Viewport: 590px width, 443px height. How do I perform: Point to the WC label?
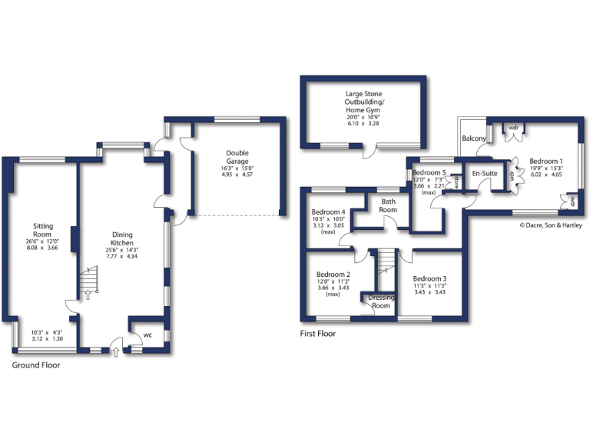[x=147, y=335]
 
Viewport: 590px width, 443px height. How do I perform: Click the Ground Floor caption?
[x=35, y=365]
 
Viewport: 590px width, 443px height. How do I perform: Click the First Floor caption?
[x=317, y=334]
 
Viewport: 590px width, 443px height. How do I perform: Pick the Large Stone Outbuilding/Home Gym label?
[x=365, y=103]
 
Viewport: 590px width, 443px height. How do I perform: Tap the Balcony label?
[x=473, y=138]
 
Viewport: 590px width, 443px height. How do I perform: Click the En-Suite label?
[x=483, y=174]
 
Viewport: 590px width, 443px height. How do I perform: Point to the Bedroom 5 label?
[x=429, y=173]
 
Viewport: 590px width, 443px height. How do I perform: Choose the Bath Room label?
[x=388, y=205]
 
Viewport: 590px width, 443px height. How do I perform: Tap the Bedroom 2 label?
[x=333, y=275]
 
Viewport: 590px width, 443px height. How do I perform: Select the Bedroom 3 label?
[x=429, y=278]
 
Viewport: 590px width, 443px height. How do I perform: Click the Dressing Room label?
[x=380, y=301]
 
